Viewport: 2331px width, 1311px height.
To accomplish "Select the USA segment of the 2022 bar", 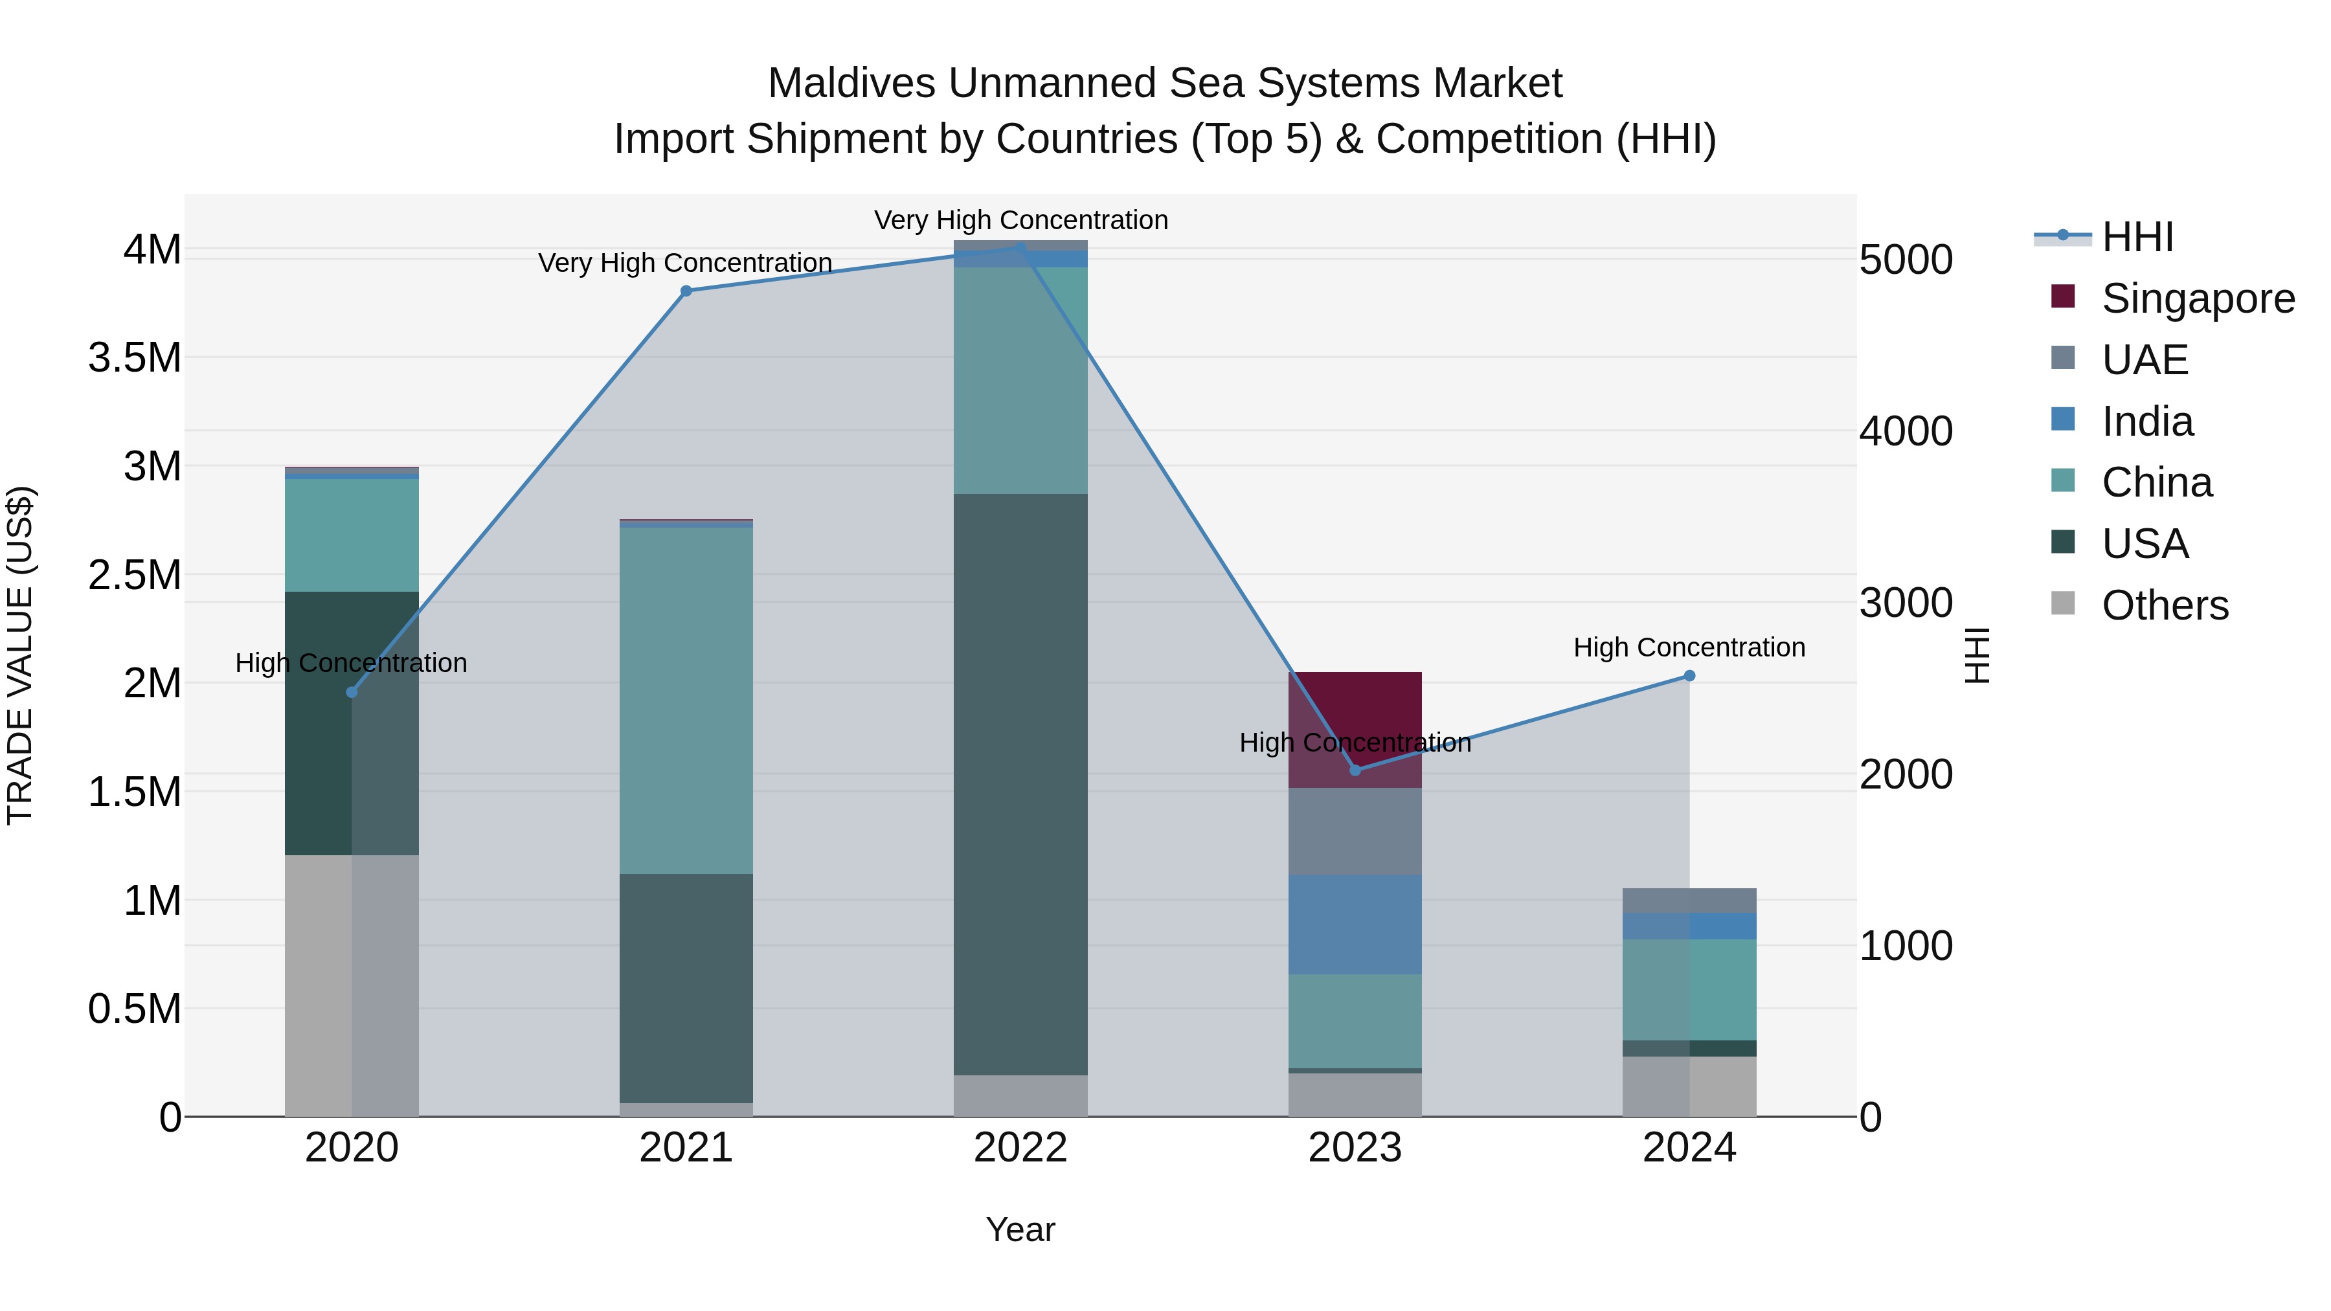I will [1020, 783].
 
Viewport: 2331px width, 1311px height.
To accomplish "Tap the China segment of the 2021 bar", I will [686, 699].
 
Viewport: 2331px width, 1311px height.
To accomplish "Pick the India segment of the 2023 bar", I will [1355, 924].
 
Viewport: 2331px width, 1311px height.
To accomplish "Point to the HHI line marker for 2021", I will [686, 291].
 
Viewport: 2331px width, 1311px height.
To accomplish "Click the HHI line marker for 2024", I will [1689, 676].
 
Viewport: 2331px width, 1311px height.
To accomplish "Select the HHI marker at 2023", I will [1355, 770].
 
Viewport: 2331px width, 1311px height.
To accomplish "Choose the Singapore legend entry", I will [2197, 298].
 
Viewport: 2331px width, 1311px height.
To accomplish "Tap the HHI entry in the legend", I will [2137, 237].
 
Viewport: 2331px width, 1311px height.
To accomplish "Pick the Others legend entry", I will [2165, 605].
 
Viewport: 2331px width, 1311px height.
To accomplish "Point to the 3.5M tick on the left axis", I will [135, 358].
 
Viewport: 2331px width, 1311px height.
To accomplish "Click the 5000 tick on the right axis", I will [1905, 260].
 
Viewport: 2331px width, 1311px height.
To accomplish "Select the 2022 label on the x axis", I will [1020, 1148].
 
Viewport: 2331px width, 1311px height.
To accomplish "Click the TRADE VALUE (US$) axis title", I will [20, 655].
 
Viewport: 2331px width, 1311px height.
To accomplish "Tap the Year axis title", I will [1020, 1229].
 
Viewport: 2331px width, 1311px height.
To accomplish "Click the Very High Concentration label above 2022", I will [1020, 220].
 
